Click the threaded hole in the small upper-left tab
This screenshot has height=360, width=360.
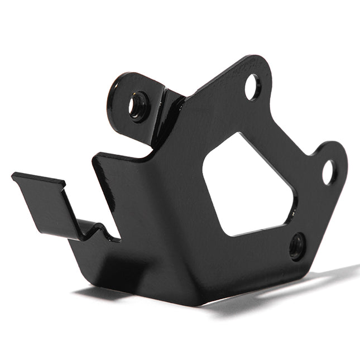137,106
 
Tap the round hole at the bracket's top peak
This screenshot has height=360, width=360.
252,87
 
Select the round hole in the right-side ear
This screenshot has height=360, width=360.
329,172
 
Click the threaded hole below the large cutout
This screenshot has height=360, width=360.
297,246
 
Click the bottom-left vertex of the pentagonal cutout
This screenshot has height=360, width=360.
225,234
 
